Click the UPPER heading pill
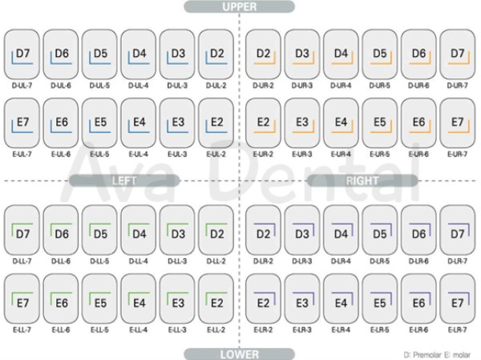click(x=239, y=7)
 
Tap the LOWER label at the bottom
click(x=239, y=353)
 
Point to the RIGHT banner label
click(x=362, y=181)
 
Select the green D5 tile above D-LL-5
click(x=100, y=233)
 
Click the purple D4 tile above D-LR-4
click(x=342, y=233)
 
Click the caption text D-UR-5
click(x=381, y=84)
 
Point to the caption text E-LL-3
click(x=178, y=330)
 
